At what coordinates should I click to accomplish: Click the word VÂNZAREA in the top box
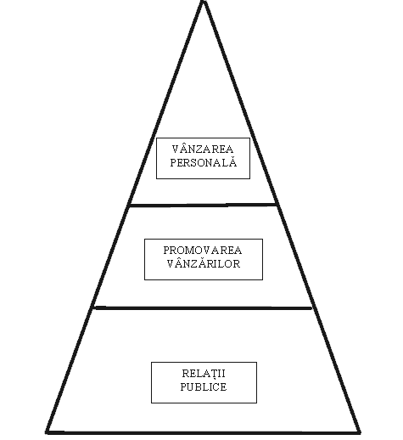click(203, 149)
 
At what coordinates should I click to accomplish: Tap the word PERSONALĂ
click(204, 162)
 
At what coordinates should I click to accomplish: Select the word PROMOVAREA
click(203, 251)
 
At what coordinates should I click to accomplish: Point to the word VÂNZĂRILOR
click(204, 263)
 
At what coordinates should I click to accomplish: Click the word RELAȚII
click(204, 374)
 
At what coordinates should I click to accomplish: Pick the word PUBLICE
click(204, 386)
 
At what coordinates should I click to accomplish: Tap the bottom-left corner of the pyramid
click(47, 432)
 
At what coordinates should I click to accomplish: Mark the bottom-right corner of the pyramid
click(360, 432)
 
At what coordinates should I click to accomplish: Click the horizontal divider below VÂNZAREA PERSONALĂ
click(203, 205)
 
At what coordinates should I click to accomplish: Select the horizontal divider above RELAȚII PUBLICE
click(203, 307)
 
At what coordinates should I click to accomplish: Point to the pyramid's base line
click(203, 432)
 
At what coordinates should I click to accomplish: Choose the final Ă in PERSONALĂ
click(233, 162)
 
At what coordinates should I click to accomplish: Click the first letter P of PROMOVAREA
click(166, 251)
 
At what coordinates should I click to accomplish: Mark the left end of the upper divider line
click(130, 206)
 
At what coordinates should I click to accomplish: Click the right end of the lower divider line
click(311, 308)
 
